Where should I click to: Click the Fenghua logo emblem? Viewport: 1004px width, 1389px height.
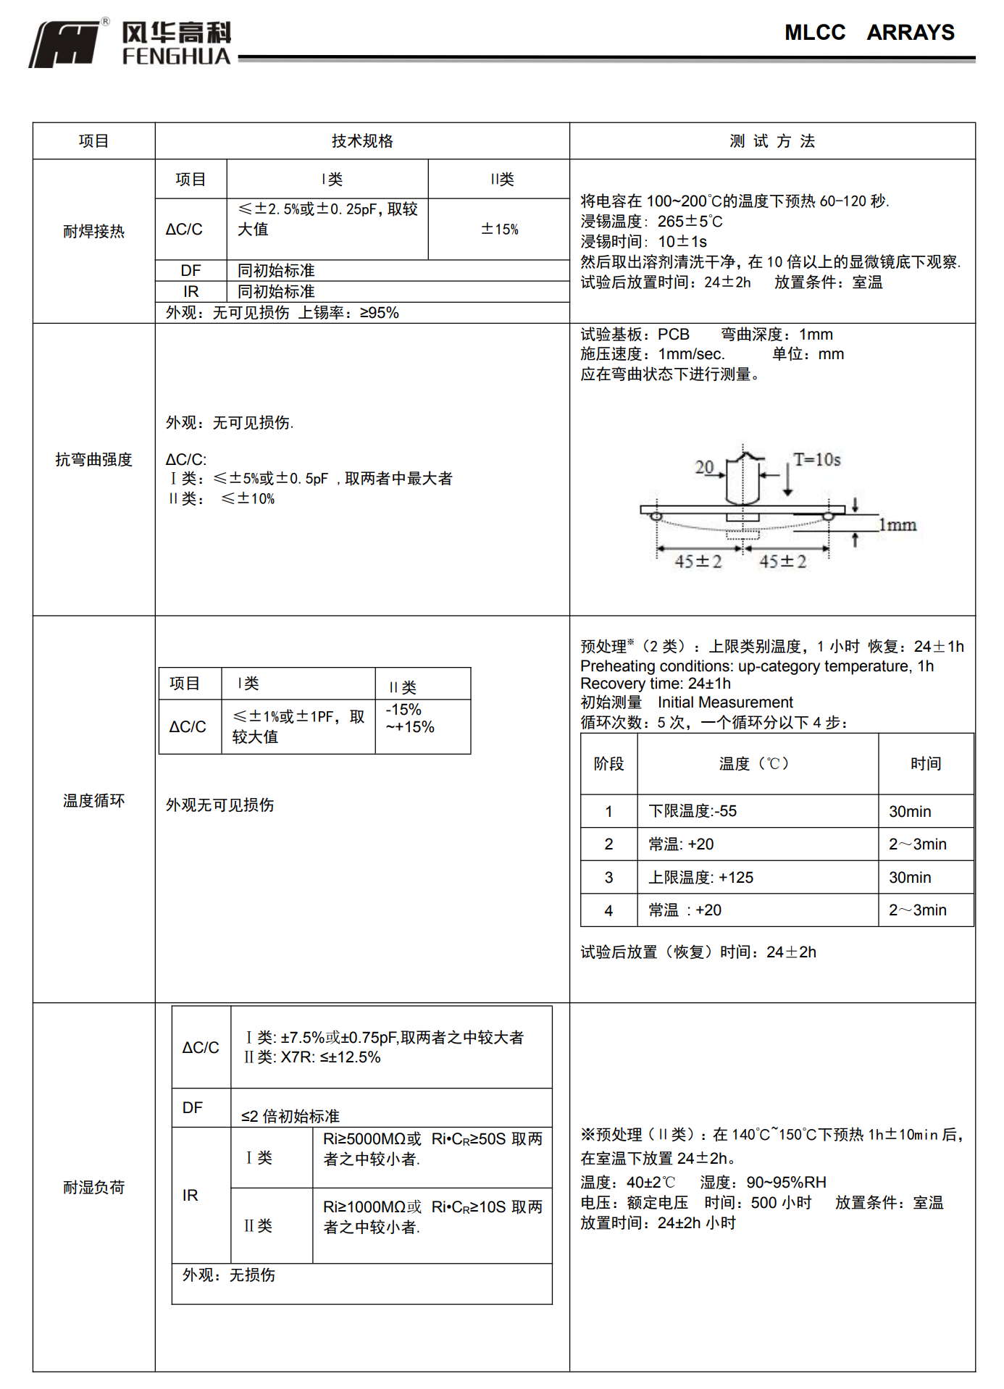tap(65, 44)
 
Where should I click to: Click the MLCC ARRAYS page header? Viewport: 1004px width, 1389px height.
tap(869, 33)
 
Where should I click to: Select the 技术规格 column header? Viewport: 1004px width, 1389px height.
tap(362, 141)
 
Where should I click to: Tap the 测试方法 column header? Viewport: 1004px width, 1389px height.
tap(772, 141)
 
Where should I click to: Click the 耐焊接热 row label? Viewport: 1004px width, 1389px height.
tap(93, 232)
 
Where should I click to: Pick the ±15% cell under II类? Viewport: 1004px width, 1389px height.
tap(500, 230)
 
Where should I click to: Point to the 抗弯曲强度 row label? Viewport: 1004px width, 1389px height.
tap(93, 460)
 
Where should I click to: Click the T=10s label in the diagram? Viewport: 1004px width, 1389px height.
tap(816, 460)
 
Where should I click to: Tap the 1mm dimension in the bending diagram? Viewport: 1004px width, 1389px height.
tap(898, 525)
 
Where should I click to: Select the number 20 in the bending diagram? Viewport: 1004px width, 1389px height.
tap(704, 467)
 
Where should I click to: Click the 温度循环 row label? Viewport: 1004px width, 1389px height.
tap(93, 801)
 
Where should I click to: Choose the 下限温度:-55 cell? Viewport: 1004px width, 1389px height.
tap(693, 811)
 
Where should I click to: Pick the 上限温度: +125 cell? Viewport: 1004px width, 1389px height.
tap(700, 878)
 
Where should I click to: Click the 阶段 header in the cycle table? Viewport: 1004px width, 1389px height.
tap(608, 764)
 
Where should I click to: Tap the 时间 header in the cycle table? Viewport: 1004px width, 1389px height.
tap(926, 764)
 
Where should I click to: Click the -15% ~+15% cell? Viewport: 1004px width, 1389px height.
tap(410, 718)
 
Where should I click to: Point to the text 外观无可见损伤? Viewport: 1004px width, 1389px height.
tap(219, 805)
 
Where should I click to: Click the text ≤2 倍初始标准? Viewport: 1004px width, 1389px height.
tap(290, 1117)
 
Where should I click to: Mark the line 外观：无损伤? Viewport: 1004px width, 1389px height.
tap(229, 1275)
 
